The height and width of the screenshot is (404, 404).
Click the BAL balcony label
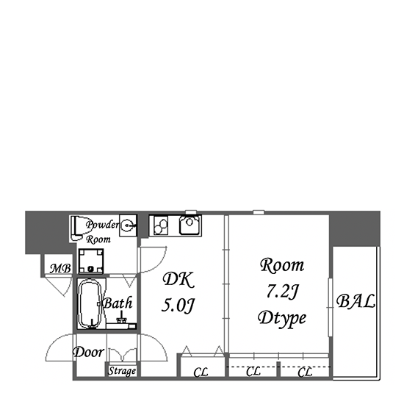(356, 301)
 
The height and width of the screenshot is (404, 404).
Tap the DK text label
(178, 279)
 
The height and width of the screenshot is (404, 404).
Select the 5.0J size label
(178, 305)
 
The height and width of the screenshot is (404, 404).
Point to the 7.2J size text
(282, 292)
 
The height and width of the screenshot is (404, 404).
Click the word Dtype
(282, 319)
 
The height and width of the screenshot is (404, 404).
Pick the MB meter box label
(60, 268)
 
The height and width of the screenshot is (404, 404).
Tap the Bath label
(118, 303)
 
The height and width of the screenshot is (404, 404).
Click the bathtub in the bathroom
(90, 304)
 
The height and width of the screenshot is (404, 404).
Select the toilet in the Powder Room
(77, 228)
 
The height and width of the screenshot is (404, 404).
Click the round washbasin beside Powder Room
(127, 226)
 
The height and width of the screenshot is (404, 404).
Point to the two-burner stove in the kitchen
(161, 226)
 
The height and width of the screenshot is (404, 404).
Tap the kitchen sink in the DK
(190, 226)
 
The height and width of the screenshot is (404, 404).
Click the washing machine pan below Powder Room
(90, 261)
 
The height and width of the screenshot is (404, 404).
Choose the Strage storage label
(122, 371)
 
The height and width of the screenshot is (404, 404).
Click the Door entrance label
(88, 352)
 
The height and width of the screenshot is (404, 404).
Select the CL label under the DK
(201, 372)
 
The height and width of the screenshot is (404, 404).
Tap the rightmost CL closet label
(305, 372)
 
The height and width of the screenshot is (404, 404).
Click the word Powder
(102, 225)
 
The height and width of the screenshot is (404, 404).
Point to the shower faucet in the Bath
(121, 319)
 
